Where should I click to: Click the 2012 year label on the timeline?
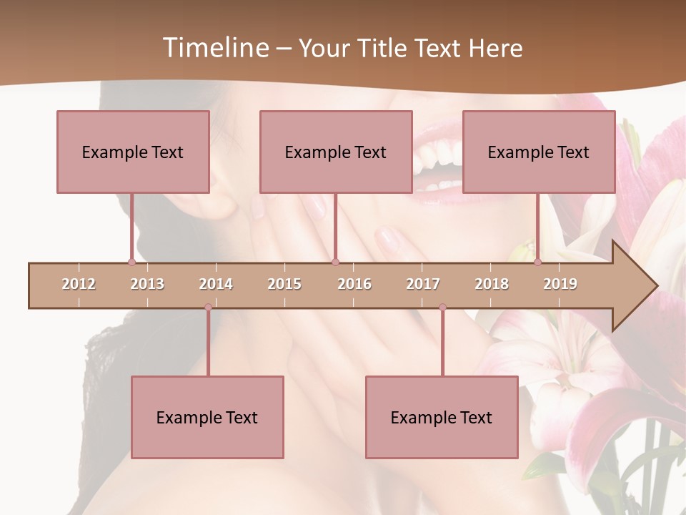79,284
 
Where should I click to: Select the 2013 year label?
147,284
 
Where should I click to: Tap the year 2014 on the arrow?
216,284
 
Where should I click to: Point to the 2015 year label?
284,284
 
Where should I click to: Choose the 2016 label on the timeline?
354,284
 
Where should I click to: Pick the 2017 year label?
423,284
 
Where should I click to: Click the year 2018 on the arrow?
492,284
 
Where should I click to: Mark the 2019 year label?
560,284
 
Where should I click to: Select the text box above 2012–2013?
133,152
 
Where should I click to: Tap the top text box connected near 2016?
336,152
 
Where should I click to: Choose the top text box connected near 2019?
539,152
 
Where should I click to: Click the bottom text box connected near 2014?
207,417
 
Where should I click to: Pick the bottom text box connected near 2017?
442,417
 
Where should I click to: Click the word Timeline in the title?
214,48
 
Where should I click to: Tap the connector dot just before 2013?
131,263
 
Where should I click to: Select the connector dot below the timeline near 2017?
442,308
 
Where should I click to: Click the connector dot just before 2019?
537,263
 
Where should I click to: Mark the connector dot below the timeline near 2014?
208,308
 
